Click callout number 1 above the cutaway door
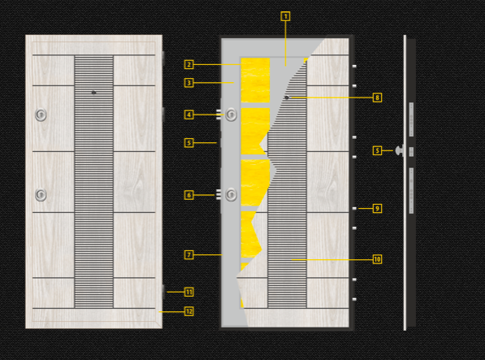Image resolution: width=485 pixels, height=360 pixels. click(285, 16)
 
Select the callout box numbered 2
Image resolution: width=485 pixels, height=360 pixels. click(189, 65)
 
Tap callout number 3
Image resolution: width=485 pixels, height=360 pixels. click(189, 83)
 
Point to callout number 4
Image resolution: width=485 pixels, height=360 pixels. click(189, 115)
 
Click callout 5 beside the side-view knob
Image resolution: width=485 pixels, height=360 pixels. click(377, 151)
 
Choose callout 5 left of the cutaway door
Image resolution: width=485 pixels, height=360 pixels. click(189, 143)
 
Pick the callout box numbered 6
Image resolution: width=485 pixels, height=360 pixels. click(189, 195)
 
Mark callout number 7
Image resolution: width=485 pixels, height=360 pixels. click(189, 255)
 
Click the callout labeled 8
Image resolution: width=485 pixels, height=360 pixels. click(377, 98)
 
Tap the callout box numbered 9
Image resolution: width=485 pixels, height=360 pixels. click(377, 209)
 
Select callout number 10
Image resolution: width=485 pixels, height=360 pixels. click(377, 259)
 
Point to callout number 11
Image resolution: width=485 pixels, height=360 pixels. click(189, 292)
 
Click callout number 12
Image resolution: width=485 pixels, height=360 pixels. click(189, 311)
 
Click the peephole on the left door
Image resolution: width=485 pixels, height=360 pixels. click(93, 93)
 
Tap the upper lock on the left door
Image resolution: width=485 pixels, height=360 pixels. click(41, 115)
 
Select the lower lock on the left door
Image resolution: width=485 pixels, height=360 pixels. click(41, 195)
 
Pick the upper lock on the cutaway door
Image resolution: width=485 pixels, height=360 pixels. click(231, 115)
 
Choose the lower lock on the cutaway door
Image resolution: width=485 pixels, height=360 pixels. click(231, 194)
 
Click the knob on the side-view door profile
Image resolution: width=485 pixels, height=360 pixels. click(400, 150)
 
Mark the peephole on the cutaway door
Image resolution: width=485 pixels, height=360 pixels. click(287, 98)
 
